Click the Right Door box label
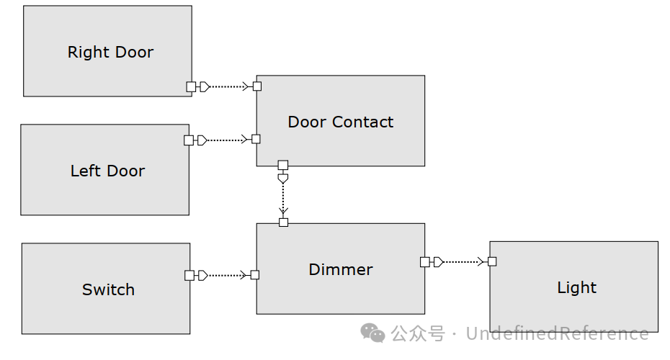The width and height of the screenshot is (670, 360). pos(110,53)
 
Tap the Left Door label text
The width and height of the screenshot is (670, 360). pos(107,171)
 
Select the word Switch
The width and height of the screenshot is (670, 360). pos(108,290)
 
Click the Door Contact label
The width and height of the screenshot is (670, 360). pos(340,122)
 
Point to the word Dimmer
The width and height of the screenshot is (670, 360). pos(340,270)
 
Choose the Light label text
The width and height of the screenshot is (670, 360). pos(576,288)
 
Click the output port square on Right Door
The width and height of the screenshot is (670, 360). pos(191,86)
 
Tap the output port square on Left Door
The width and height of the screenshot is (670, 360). pos(189,140)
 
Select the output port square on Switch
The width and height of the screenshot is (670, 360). pos(189,275)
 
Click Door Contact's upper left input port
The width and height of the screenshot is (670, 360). pos(257,86)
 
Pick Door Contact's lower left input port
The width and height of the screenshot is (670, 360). pos(256,139)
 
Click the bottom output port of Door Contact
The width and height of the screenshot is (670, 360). pos(283,165)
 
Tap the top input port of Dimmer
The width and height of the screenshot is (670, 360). pos(283,222)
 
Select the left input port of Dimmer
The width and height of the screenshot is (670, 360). pos(254,275)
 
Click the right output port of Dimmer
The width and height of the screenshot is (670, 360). pos(425,262)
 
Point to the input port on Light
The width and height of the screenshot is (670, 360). pos(492,261)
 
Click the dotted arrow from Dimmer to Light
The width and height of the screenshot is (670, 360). pos(461,262)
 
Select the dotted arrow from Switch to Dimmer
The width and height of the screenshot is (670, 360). pos(227,275)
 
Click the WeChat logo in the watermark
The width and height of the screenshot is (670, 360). pos(373,333)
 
